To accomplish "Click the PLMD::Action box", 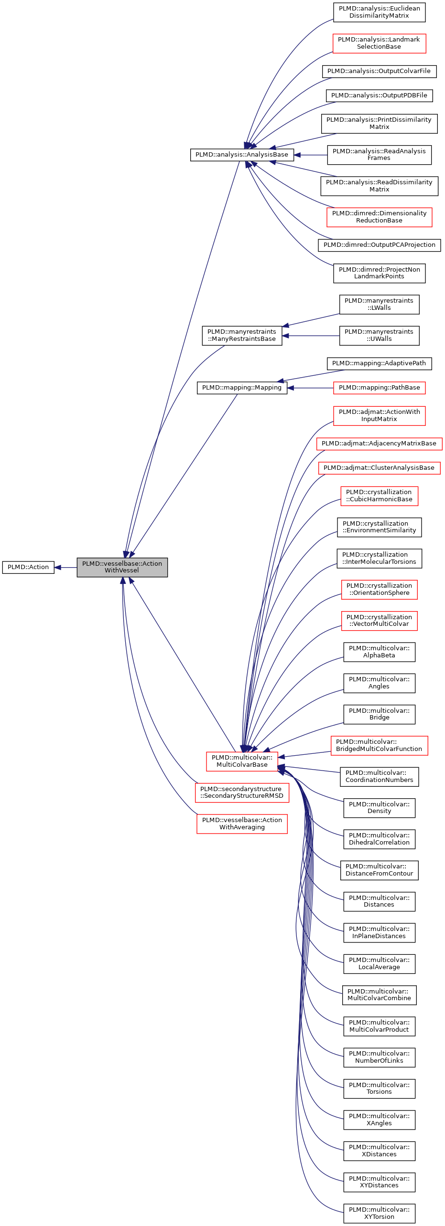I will (28, 567).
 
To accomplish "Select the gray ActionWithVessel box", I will (122, 567).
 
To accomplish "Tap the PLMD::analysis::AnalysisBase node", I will (242, 155).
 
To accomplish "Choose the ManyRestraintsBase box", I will (242, 336).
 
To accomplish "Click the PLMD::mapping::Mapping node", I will (242, 388).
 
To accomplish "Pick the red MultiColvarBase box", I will (242, 761).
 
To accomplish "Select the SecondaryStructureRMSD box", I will (242, 793).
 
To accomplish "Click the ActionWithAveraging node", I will (242, 824).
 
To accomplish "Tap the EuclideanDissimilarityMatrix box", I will (379, 12).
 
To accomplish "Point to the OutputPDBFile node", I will (379, 95).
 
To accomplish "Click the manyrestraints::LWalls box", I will (379, 305).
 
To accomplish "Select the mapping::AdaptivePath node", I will (379, 363).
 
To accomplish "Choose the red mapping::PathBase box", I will (379, 388).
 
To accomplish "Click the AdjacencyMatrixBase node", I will (379, 444).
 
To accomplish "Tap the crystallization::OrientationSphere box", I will (379, 590).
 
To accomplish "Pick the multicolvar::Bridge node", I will (379, 714).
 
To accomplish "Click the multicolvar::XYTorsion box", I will (379, 1213).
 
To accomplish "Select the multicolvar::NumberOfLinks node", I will (379, 1057).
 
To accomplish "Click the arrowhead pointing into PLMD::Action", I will (58, 567).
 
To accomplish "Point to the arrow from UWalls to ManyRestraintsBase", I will (311, 336).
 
